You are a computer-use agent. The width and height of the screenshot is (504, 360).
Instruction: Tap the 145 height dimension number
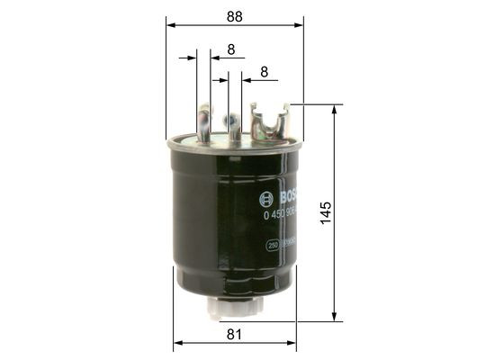(x=326, y=212)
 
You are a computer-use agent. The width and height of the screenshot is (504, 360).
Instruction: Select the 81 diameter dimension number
(x=234, y=334)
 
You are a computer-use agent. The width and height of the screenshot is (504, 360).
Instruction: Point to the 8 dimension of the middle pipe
(x=264, y=71)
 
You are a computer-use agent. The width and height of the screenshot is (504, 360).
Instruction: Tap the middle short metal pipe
(x=234, y=126)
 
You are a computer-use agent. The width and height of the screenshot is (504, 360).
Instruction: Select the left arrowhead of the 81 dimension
(x=176, y=344)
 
